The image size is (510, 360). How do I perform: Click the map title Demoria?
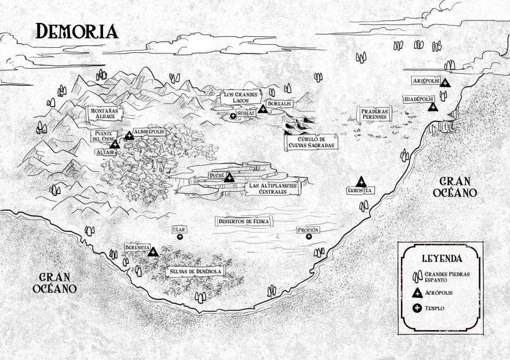pos(77,31)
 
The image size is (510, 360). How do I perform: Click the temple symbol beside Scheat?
pos(233,116)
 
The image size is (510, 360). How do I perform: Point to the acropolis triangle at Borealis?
pos(263,109)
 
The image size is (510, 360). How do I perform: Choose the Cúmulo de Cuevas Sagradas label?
pos(311,142)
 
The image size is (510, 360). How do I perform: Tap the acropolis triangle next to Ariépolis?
pos(445,82)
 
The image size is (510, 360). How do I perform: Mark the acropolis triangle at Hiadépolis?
pos(433,106)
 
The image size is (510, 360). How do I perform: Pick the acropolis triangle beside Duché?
pos(229,176)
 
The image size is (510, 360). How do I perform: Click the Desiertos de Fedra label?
pos(244,221)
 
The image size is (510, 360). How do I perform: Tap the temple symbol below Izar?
pos(180,237)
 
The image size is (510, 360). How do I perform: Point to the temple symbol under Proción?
pos(309,238)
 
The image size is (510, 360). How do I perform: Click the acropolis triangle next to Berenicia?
pos(152,252)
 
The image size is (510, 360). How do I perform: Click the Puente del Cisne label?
pos(104,136)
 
